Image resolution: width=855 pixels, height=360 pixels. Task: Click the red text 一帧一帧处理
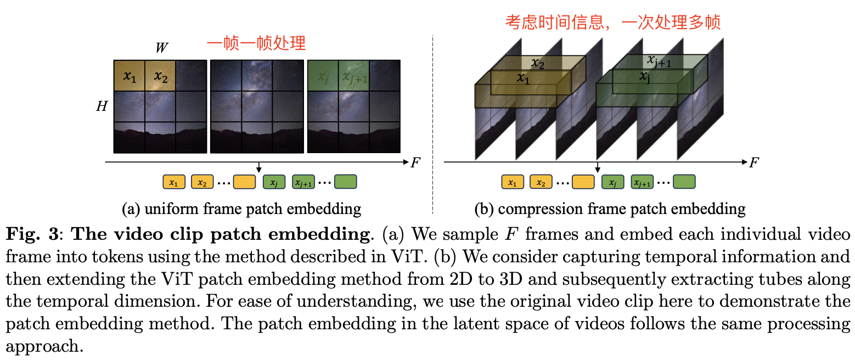256,43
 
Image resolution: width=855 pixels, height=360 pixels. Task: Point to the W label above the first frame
161,48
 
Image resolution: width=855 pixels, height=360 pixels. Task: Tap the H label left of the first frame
102,106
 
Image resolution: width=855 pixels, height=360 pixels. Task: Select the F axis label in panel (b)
754,162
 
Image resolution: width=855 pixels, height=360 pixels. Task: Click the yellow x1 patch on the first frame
130,76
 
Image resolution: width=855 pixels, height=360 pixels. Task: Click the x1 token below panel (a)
174,182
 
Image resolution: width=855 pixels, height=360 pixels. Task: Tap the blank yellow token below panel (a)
244,182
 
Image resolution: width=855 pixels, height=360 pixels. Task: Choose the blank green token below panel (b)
684,182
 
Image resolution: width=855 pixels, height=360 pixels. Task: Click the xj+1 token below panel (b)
642,182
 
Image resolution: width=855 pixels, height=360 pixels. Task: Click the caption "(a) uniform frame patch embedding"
241,209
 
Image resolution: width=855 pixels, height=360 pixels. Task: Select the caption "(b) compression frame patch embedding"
610,209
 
